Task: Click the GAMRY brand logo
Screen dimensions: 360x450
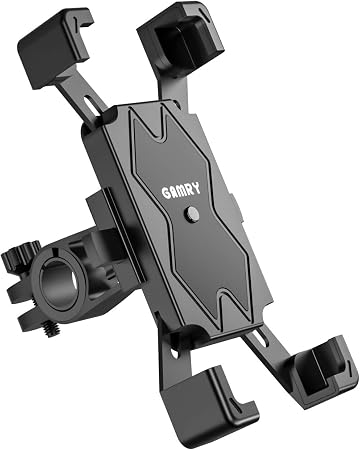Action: tap(181, 191)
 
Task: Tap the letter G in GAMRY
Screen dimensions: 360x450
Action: tap(166, 194)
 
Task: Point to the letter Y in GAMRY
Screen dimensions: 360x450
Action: tap(197, 188)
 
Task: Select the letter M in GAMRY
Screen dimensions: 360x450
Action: tap(181, 191)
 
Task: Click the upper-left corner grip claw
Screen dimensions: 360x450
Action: tap(54, 47)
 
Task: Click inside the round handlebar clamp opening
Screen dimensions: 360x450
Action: tap(57, 284)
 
